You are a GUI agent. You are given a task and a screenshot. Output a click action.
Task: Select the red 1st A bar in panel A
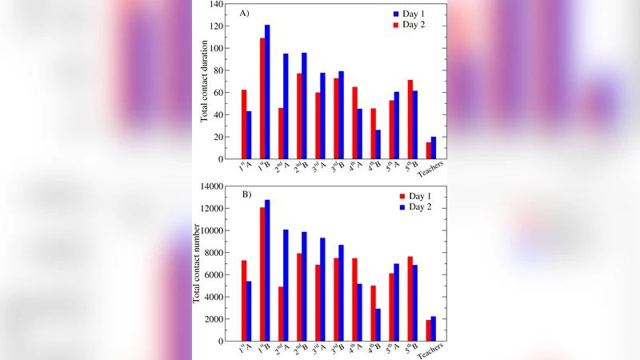coord(243,124)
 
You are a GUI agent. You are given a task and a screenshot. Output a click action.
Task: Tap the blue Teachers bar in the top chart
coord(434,148)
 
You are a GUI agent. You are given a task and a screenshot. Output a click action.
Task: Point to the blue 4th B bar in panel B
coord(378,325)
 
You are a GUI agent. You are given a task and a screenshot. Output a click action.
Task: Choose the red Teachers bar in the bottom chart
coord(428,330)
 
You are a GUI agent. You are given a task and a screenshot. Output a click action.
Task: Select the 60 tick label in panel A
coord(218,93)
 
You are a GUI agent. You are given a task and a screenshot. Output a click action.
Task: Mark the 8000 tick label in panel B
coord(212,253)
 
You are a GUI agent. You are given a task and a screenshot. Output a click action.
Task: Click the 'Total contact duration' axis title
coord(206,82)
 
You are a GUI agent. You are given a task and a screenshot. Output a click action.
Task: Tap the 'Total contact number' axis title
coord(197,264)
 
